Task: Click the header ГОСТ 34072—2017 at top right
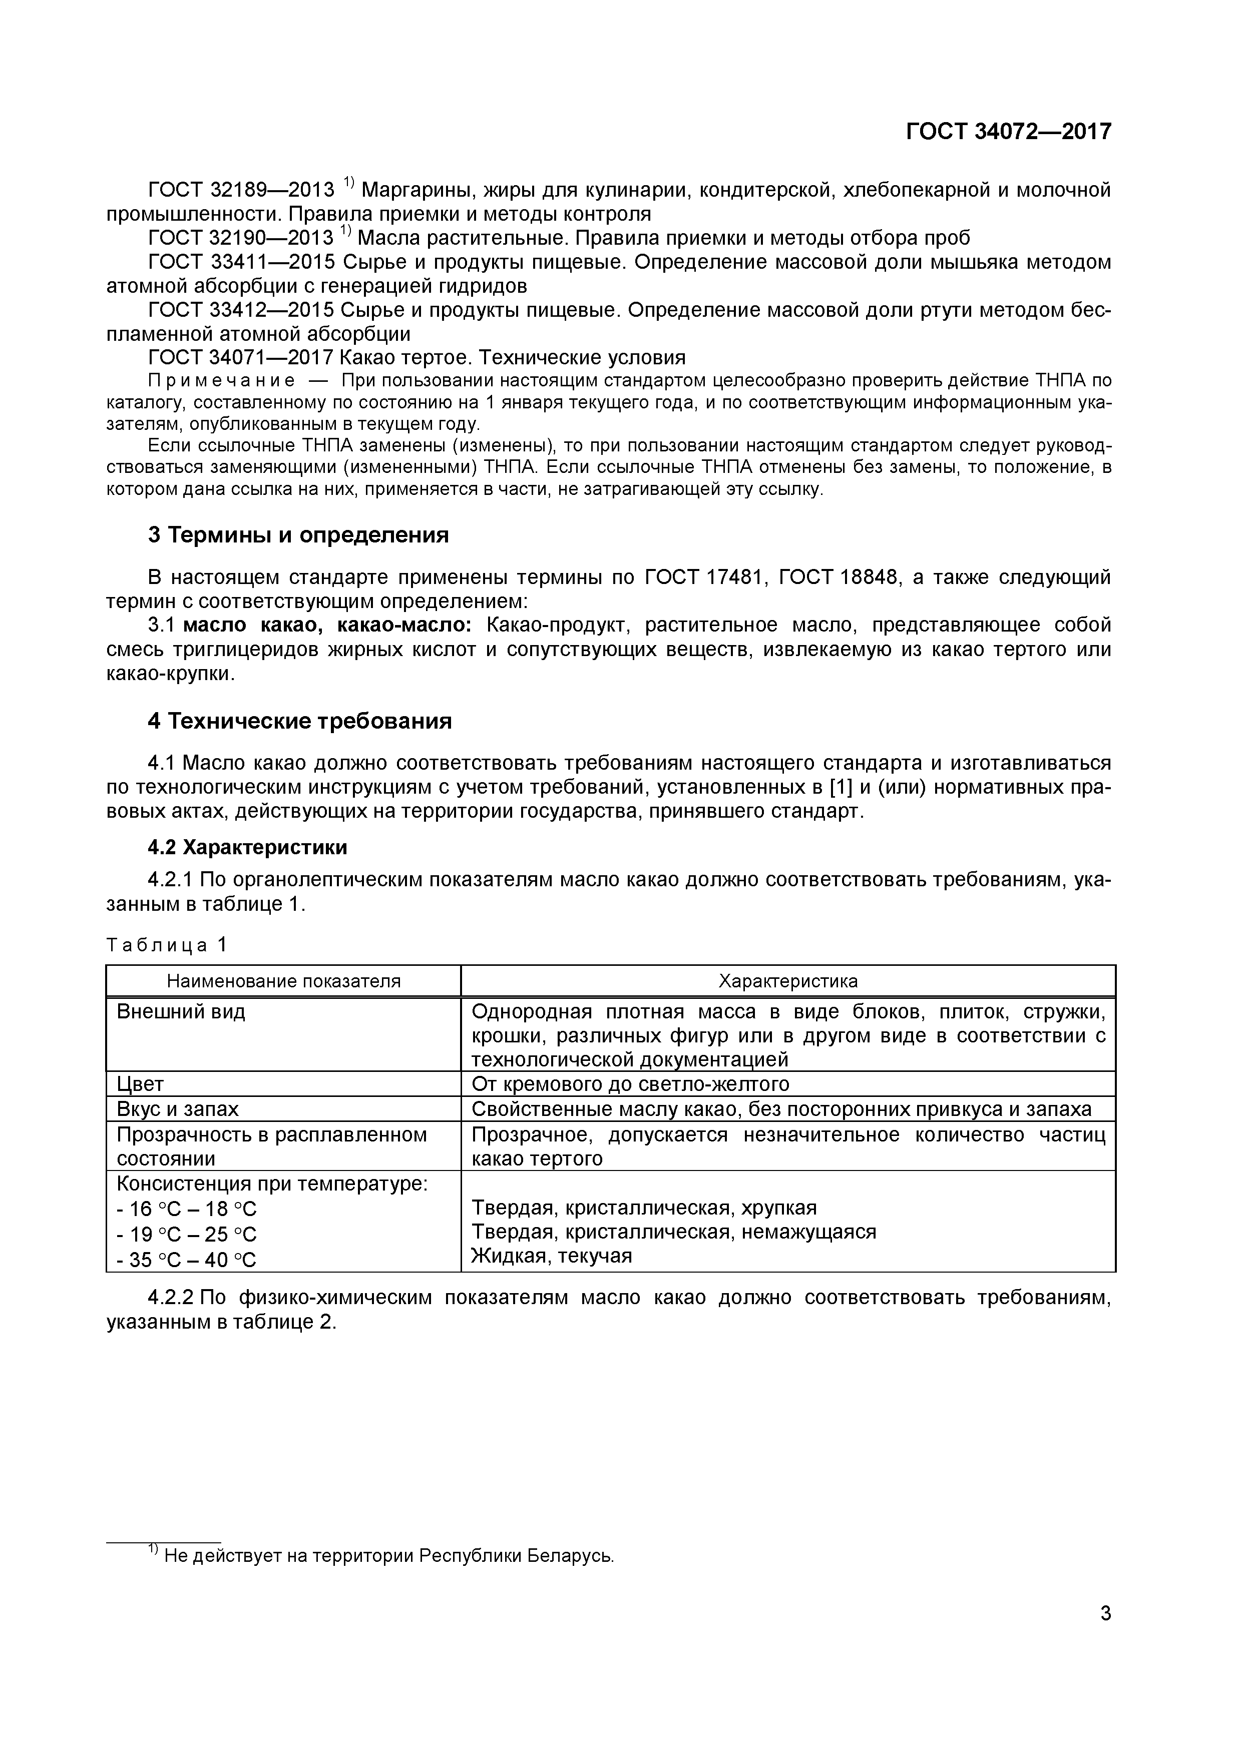pos(1008,132)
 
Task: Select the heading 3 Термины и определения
pos(298,535)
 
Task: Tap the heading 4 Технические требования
pos(300,721)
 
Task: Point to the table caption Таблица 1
pos(167,945)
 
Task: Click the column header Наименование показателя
pos(284,981)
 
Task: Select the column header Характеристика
pos(788,981)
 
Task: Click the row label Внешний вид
pos(181,1012)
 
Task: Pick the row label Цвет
pos(140,1084)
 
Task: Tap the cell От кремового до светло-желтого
pos(630,1084)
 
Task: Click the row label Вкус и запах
pos(177,1109)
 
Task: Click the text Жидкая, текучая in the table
pos(551,1256)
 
